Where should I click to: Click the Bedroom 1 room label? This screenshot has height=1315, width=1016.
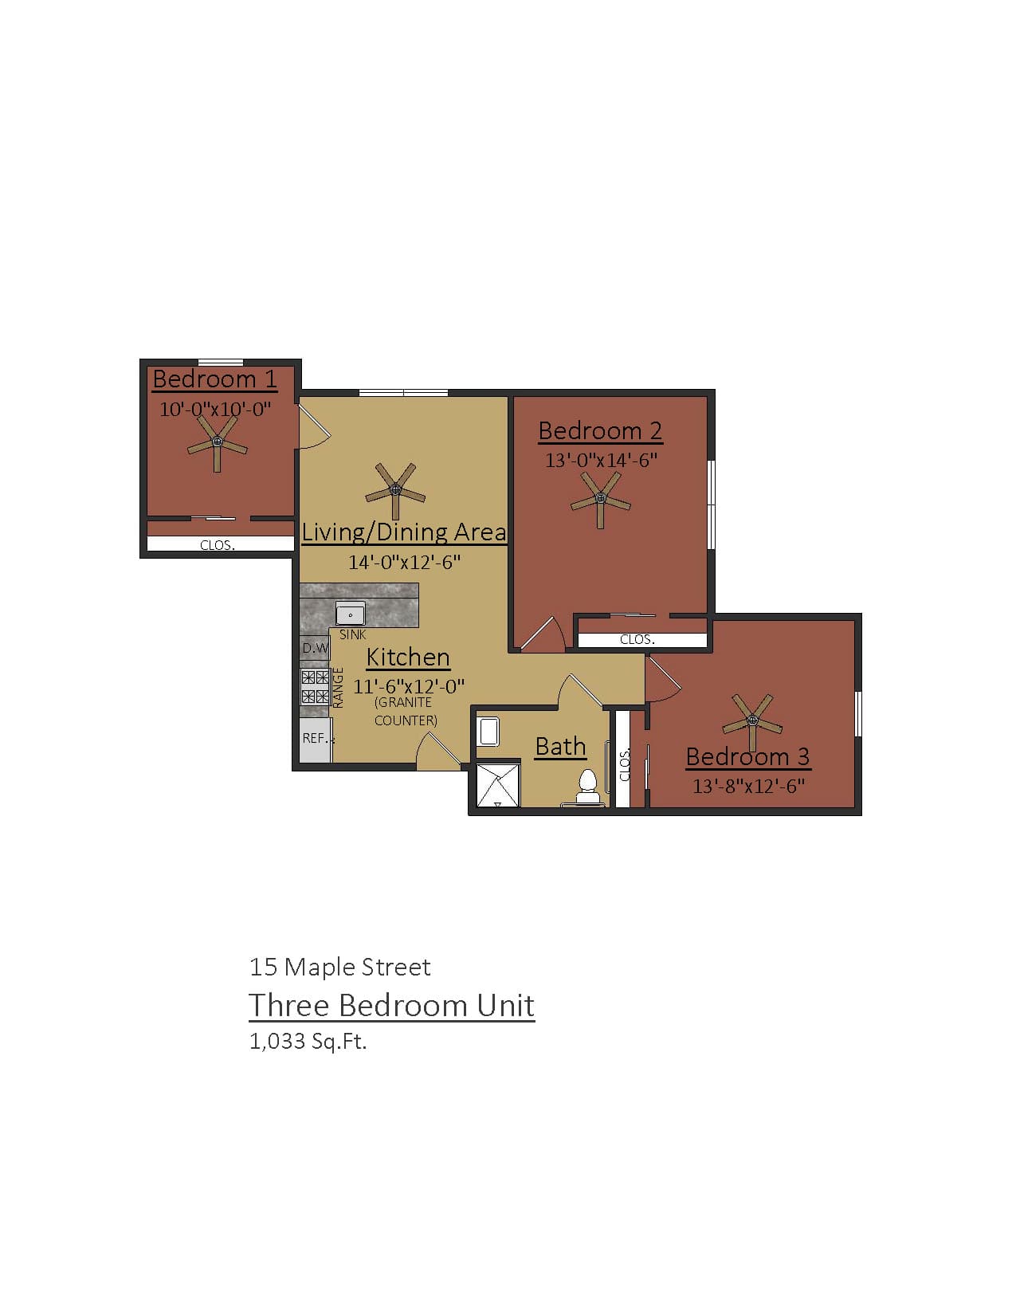tap(214, 379)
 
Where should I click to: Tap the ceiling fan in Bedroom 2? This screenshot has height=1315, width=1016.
tap(601, 500)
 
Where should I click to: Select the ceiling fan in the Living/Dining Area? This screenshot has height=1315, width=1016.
tap(395, 489)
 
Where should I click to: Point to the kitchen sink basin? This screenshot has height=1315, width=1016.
tap(351, 614)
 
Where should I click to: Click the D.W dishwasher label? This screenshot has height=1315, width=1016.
tap(315, 648)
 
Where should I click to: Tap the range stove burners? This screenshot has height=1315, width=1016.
tap(315, 687)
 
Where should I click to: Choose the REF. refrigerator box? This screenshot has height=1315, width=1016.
tap(316, 739)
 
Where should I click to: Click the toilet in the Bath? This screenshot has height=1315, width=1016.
tap(588, 787)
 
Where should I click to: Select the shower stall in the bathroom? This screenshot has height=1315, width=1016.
tap(497, 785)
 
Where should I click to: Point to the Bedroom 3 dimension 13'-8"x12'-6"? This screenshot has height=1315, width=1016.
tap(747, 787)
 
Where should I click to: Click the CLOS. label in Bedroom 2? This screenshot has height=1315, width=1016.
tap(637, 639)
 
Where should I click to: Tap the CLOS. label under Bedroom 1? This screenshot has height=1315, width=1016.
tap(217, 546)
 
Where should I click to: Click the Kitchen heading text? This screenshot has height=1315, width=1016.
tap(408, 657)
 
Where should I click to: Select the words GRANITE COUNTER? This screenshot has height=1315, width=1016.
tap(405, 711)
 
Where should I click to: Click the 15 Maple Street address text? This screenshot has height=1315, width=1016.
tap(339, 968)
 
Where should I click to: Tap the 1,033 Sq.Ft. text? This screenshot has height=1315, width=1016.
tap(308, 1041)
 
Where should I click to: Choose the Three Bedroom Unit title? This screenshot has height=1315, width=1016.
tap(391, 1006)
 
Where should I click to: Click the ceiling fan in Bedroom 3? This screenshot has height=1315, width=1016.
tap(751, 720)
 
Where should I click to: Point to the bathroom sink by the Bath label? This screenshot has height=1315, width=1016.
tap(488, 731)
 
